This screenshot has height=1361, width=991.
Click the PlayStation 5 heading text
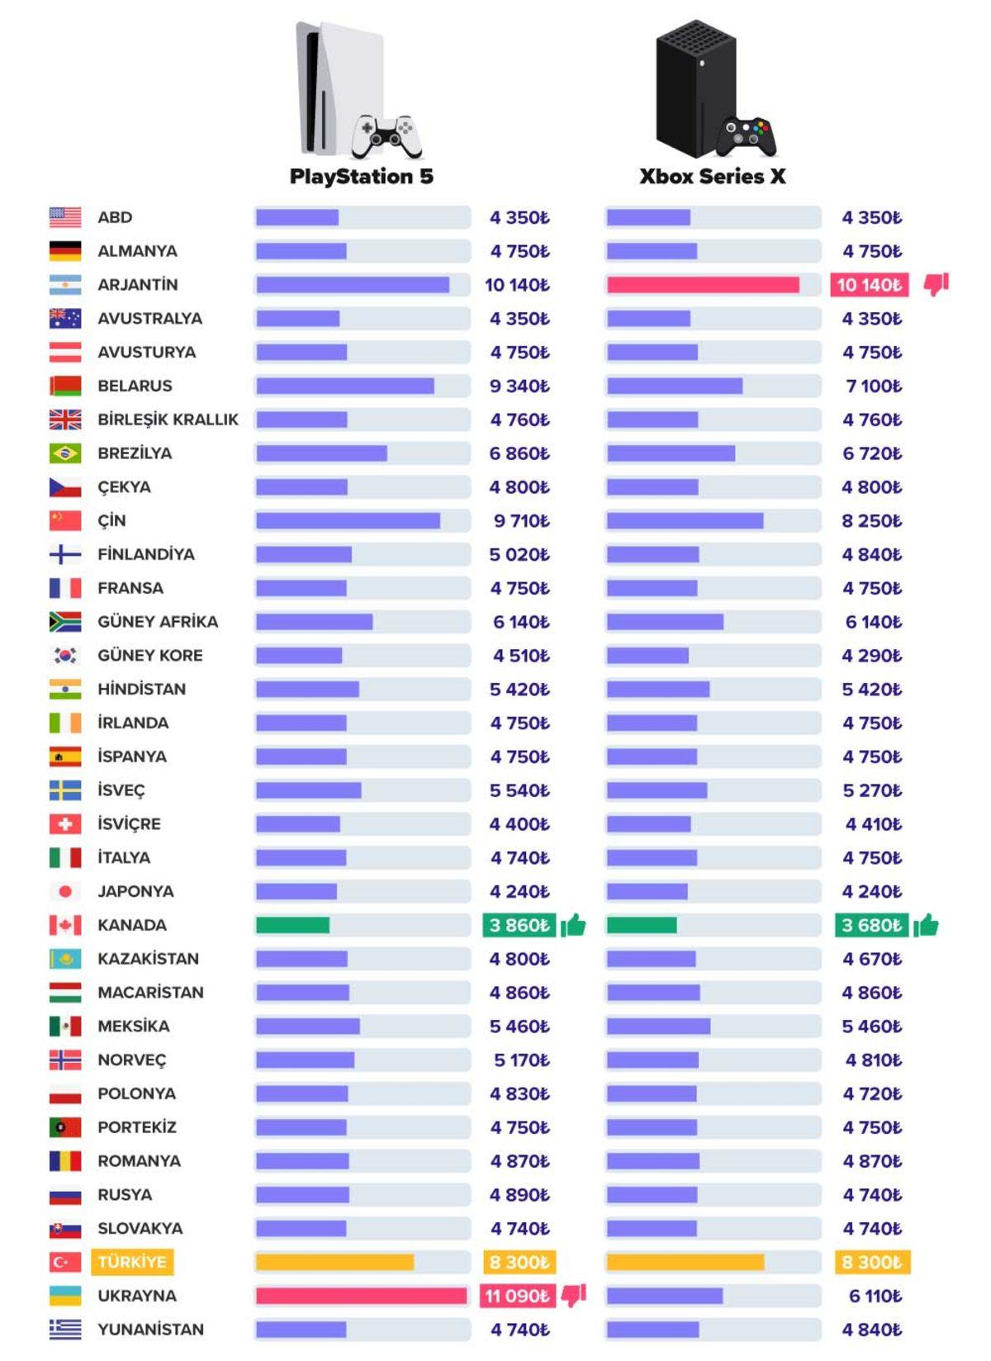pos(361,176)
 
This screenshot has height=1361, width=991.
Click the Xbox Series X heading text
pos(712,176)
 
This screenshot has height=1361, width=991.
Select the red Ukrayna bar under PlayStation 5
pos(361,1296)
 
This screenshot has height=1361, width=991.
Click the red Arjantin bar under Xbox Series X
pos(703,285)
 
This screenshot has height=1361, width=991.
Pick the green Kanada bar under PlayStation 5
pos(292,925)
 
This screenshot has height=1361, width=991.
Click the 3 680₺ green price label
pos(871,925)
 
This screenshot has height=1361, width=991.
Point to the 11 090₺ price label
pos(517,1296)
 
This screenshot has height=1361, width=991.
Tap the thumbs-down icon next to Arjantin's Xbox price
pos(936,284)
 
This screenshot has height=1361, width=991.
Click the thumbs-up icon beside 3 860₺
pos(574,925)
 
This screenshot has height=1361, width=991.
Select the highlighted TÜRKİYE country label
pos(132,1262)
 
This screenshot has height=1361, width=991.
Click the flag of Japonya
pos(65,891)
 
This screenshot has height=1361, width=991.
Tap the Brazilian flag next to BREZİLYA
pos(65,453)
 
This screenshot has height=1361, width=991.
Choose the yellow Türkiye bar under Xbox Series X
pos(685,1262)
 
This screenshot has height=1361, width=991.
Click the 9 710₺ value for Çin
pos(521,521)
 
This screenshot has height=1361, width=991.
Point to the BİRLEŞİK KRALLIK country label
pos(168,420)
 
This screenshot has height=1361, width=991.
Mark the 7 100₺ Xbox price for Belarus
pos(873,386)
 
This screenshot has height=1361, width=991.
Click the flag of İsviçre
pos(65,824)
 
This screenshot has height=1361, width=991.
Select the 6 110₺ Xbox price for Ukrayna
pos(875,1296)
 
